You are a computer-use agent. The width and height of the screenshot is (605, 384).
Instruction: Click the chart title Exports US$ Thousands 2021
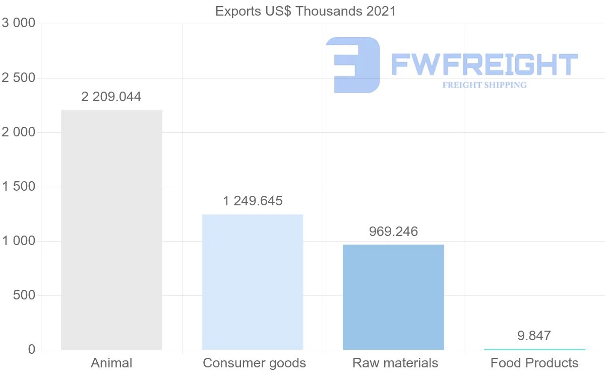click(x=306, y=11)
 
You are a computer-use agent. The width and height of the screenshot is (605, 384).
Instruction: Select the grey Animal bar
click(x=111, y=229)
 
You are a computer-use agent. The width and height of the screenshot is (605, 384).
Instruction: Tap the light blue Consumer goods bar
click(x=252, y=282)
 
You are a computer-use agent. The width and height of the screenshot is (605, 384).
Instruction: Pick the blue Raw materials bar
click(x=393, y=297)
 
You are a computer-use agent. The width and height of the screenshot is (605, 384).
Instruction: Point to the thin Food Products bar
click(x=534, y=349)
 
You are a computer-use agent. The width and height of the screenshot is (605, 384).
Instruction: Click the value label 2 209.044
click(x=111, y=97)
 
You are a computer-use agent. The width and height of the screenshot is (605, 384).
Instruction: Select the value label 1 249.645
click(x=253, y=201)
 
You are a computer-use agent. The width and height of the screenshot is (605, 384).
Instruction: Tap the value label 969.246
click(x=393, y=232)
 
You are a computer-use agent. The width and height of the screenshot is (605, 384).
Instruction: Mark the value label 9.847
click(x=534, y=336)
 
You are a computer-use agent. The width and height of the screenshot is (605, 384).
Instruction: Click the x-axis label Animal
click(x=111, y=363)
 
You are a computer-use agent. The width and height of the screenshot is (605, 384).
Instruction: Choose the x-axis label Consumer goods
click(x=254, y=363)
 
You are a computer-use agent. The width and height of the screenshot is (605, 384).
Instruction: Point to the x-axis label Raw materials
click(x=395, y=363)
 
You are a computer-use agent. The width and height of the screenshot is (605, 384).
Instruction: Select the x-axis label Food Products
click(x=534, y=363)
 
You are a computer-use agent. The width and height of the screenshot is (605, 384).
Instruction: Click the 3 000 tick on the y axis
click(x=19, y=23)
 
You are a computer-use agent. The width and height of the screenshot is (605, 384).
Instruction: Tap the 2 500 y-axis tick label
click(x=19, y=78)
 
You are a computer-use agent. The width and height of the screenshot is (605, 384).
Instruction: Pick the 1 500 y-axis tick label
click(x=19, y=187)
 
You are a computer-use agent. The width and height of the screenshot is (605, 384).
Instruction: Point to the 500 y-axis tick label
click(x=24, y=295)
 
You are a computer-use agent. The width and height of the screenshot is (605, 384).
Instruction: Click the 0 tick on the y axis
click(x=31, y=350)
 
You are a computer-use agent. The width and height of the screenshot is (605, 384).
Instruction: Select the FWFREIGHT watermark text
click(x=484, y=64)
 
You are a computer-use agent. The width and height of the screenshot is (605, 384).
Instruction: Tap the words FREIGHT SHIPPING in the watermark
click(x=485, y=85)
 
